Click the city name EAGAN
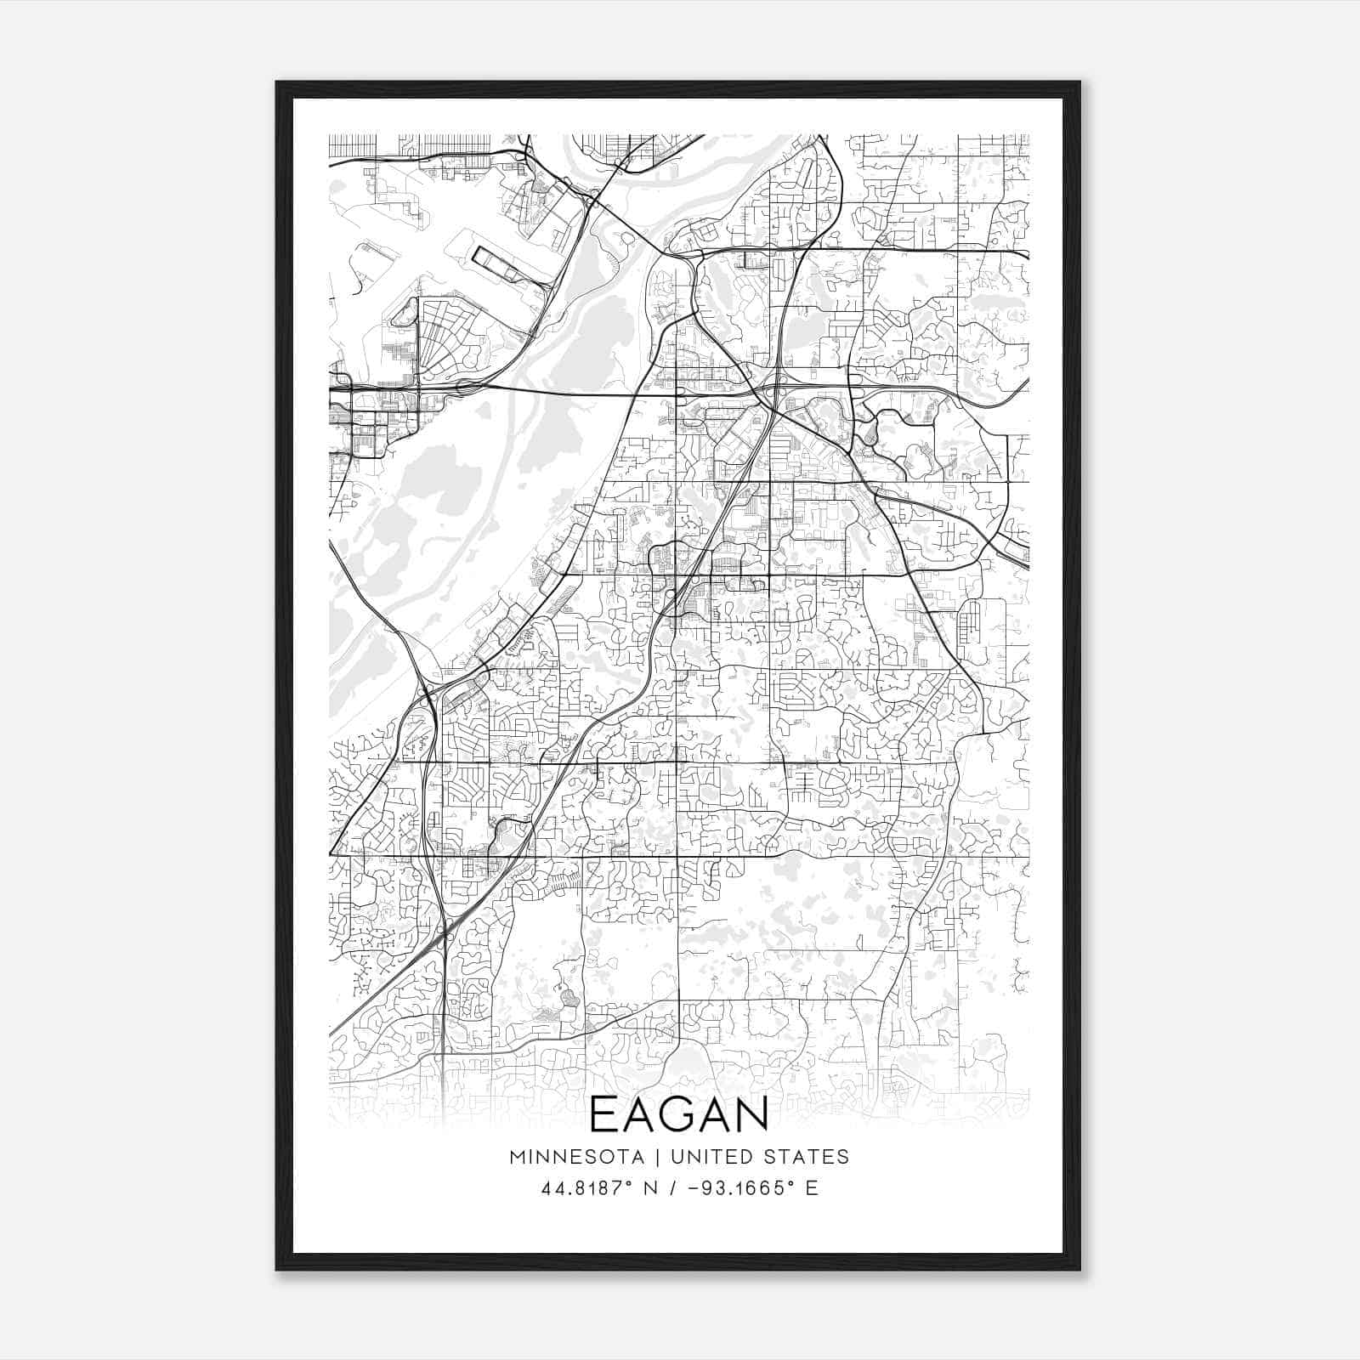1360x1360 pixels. pyautogui.click(x=678, y=1114)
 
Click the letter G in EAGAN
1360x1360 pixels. pyautogui.click(x=679, y=1114)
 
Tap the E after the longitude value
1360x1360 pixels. pyautogui.click(x=812, y=1188)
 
